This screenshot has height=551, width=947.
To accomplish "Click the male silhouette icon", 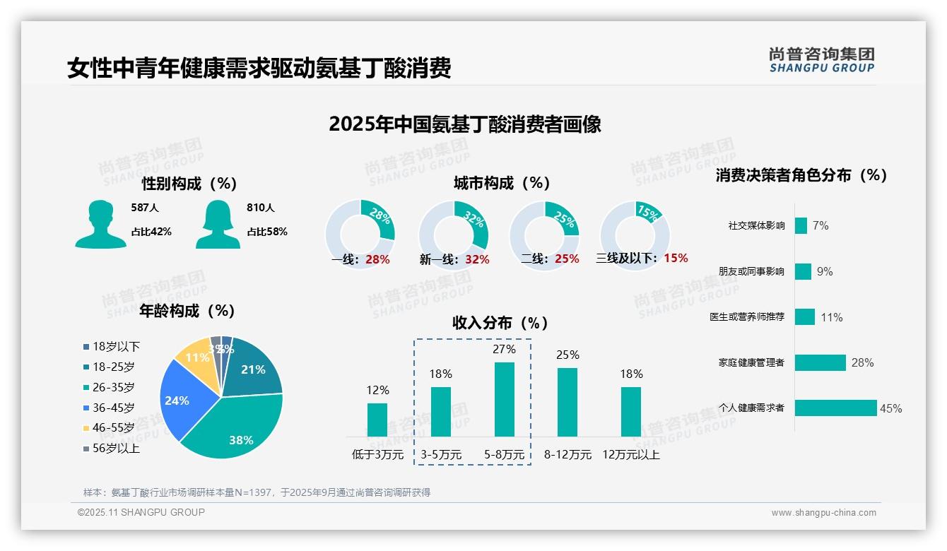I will (x=100, y=224).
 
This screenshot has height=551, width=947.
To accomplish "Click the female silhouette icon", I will (x=218, y=224).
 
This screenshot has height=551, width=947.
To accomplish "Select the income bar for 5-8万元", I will (x=504, y=400).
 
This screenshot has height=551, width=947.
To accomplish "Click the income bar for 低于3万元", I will (x=377, y=420).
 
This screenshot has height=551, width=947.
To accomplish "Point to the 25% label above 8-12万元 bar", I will (x=567, y=355).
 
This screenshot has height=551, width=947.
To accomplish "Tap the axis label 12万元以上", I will (x=630, y=455).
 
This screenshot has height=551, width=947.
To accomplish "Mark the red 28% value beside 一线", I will (x=377, y=259).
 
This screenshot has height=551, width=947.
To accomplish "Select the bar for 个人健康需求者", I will (x=835, y=408).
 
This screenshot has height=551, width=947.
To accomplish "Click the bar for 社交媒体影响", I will (x=801, y=225).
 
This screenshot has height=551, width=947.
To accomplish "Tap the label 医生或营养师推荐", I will (x=747, y=317).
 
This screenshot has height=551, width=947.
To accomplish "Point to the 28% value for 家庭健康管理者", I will (x=862, y=363).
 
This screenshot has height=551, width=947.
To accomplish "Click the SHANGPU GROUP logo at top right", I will (x=821, y=60).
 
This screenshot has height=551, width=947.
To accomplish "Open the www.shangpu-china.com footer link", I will (x=823, y=513).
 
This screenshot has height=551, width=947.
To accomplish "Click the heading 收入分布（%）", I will (x=500, y=324).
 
